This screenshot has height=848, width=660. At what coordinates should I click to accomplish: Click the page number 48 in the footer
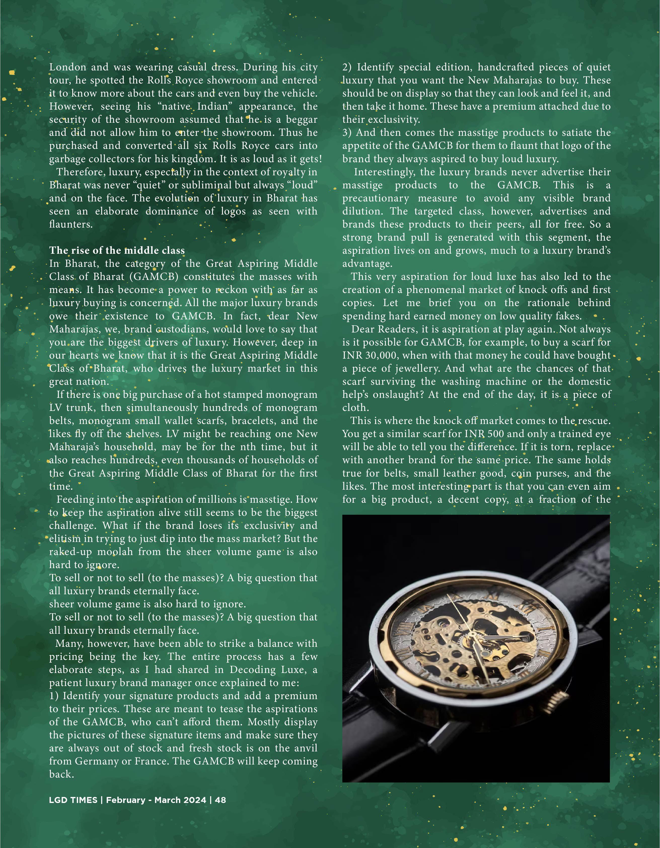pos(221,800)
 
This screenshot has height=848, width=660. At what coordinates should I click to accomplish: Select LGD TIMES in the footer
pos(73,800)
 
